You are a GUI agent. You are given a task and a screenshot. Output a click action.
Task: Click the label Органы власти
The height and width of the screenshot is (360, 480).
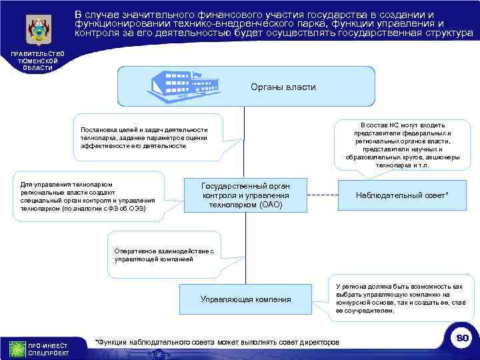click(x=283, y=87)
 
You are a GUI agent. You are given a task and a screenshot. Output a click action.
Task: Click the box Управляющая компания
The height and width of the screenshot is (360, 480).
click(x=245, y=299)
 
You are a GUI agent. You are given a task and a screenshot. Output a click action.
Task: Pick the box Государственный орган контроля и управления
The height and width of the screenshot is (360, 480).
click(x=245, y=195)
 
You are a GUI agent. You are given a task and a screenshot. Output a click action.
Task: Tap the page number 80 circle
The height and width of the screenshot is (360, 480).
click(x=460, y=339)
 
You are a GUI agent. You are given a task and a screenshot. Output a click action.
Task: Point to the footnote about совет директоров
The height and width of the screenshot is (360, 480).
click(x=217, y=342)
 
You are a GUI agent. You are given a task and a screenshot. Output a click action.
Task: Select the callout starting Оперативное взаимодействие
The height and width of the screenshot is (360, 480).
click(x=164, y=254)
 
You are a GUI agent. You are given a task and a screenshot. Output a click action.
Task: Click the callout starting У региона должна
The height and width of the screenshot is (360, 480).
click(x=398, y=297)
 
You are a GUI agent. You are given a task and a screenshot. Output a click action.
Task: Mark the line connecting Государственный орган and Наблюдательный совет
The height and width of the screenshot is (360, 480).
click(x=323, y=195)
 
